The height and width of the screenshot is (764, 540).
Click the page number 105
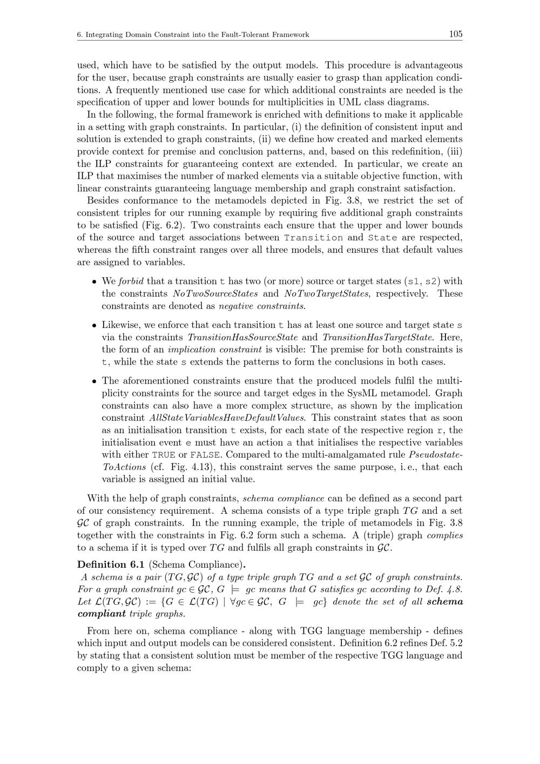455,34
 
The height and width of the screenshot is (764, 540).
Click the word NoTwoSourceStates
215,293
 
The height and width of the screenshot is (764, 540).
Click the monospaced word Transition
313,238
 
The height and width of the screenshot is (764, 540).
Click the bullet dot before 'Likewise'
94,325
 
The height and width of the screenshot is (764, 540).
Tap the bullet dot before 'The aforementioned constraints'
94,381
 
